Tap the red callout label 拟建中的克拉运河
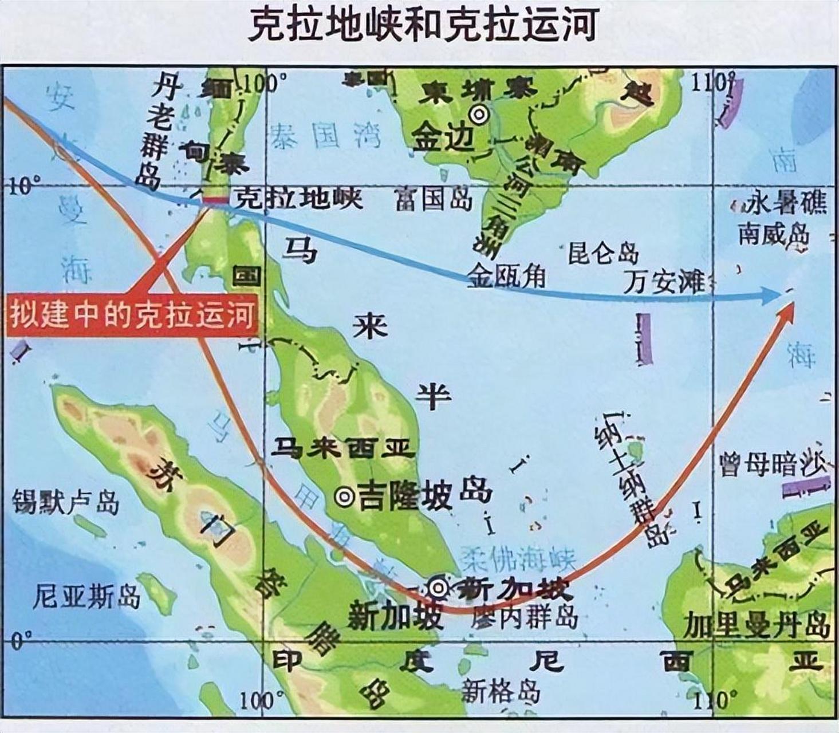pos(132,316)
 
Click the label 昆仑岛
pos(603,253)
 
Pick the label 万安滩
pos(664,282)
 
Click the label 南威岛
pos(774,234)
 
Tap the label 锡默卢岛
pos(66,502)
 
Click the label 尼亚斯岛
pos(86,597)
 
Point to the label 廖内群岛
pos(525,617)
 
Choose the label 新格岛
pos(501,691)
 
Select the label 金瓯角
pos(507,278)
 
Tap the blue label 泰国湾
pos(326,136)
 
